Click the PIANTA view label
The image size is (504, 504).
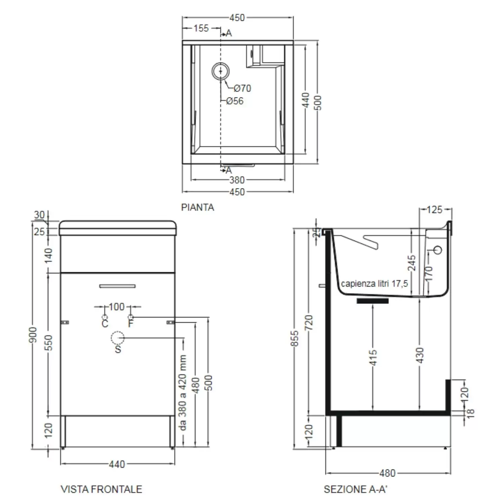[x=197, y=207]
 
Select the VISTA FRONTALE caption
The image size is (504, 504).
[x=101, y=489]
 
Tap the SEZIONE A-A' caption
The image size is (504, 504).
[x=355, y=489]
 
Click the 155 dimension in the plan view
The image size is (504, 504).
[x=201, y=28]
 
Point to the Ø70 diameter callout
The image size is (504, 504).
[x=242, y=88]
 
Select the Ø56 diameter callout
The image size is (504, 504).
[x=235, y=101]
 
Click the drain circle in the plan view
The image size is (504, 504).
[x=220, y=71]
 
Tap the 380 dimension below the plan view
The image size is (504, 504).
[x=237, y=180]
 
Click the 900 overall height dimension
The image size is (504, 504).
[x=33, y=335]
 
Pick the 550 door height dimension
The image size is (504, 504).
[x=49, y=343]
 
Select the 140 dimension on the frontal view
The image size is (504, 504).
[x=49, y=255]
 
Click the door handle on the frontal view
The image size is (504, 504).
[x=117, y=286]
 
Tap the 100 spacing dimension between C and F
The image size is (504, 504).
[x=117, y=307]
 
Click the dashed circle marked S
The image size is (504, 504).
[x=118, y=338]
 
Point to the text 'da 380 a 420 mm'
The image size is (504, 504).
[x=182, y=392]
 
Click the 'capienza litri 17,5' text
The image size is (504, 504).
[x=374, y=284]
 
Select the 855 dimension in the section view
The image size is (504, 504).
[x=294, y=339]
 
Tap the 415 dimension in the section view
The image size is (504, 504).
[x=373, y=358]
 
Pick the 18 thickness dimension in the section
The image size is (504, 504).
[x=470, y=413]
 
